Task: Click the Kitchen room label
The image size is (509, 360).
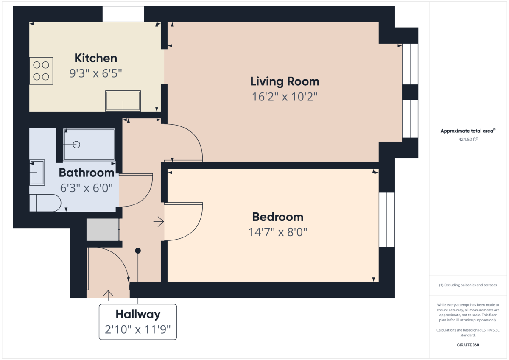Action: [96, 58]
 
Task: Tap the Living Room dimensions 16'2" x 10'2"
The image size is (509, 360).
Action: [285, 97]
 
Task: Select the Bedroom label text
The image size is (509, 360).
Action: [278, 217]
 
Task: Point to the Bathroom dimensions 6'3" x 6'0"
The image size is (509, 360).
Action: [87, 188]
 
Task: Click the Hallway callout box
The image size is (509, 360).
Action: [138, 322]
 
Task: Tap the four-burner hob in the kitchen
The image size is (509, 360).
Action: [41, 71]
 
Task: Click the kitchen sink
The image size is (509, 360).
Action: [123, 101]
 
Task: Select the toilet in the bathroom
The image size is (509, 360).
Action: [45, 203]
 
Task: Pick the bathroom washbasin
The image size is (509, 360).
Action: [37, 173]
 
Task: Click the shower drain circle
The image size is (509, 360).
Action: [77, 145]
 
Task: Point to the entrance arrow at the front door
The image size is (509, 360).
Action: [108, 295]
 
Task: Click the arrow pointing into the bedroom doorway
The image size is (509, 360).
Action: [159, 222]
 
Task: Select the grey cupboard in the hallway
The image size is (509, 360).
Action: [103, 230]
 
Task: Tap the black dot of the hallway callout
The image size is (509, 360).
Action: [138, 251]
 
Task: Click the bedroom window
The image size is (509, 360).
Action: [387, 220]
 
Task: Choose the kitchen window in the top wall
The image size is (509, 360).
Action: [123, 14]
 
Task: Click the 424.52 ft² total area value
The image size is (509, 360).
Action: [468, 139]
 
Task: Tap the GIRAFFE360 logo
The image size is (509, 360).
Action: [468, 345]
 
